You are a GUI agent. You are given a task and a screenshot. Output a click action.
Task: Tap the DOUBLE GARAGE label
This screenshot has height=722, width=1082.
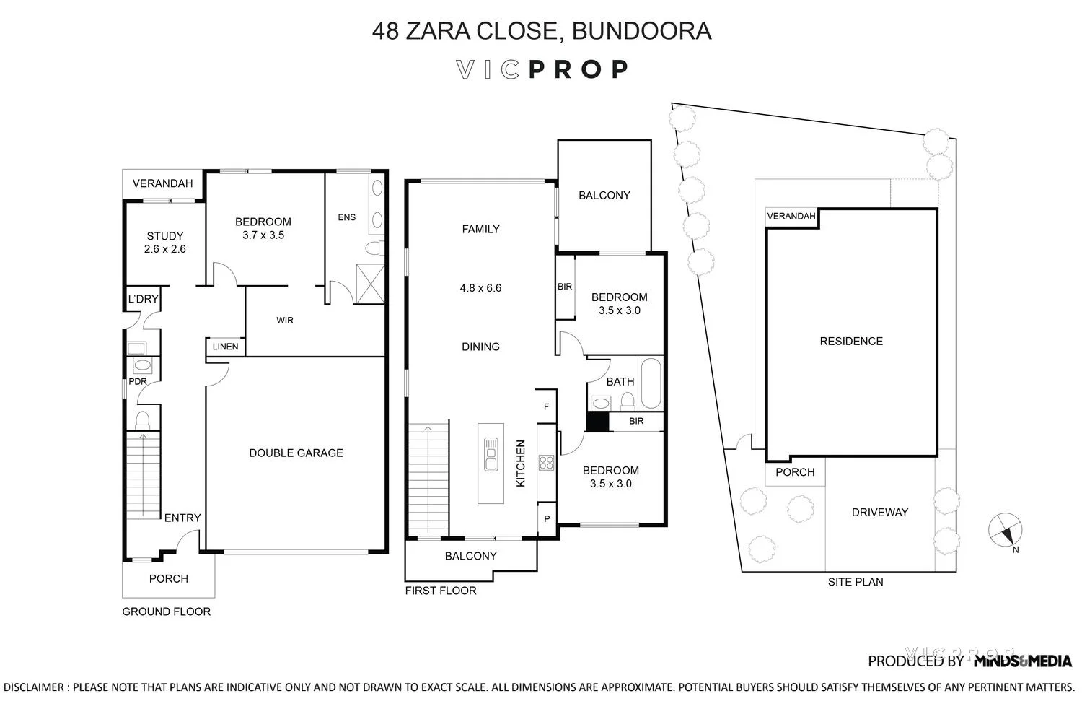pos(296,453)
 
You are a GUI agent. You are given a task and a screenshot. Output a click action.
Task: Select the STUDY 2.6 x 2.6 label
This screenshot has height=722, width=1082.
pos(165,243)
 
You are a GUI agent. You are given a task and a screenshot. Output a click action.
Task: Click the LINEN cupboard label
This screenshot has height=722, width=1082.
pos(225,347)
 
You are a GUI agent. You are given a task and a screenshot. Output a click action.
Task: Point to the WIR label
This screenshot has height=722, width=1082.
pos(285,320)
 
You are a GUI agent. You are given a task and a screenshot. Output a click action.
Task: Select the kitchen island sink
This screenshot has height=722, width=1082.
pos(491,454)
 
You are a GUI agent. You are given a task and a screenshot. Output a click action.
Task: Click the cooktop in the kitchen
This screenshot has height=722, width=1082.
pos(546,462)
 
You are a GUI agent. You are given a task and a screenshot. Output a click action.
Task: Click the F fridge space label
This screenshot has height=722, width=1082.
pos(546,407)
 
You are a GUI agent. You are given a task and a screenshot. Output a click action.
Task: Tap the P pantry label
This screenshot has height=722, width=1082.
pos(546,519)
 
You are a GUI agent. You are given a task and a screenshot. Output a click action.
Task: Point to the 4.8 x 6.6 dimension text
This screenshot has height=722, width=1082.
pos(480,288)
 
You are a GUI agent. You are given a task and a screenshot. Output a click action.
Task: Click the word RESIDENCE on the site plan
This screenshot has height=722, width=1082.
pos(851,342)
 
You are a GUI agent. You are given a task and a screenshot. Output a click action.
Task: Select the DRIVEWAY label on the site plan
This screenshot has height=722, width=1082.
pos(879,513)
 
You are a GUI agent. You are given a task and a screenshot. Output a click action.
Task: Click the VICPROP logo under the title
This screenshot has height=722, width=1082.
pos(542,69)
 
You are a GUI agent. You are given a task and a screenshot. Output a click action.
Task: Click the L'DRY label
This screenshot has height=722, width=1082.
pos(143,299)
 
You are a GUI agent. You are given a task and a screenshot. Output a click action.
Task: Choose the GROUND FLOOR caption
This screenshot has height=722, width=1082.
pos(166,612)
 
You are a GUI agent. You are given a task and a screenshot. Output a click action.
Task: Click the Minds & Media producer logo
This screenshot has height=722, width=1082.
pos(1022,661)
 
